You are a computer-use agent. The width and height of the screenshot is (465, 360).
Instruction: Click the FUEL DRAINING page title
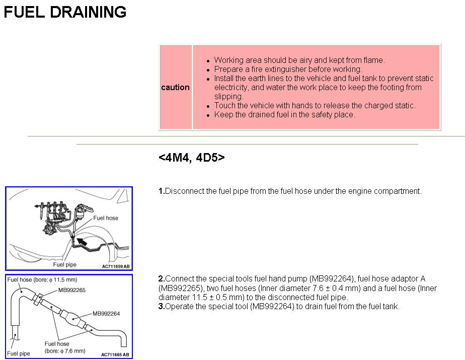tap(65, 12)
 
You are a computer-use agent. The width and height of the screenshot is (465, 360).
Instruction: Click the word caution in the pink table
tap(175, 87)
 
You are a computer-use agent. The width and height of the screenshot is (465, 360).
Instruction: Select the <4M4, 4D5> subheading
tap(191, 158)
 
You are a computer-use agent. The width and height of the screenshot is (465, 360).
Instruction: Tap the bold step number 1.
tap(161, 191)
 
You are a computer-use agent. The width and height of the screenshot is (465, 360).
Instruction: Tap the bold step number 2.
tap(161, 278)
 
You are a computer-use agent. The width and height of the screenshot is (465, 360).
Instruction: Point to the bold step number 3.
tap(161, 306)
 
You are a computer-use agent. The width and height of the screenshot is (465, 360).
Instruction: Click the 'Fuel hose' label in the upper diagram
tap(106, 218)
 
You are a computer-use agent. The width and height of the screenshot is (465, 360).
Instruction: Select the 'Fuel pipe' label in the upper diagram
tap(65, 264)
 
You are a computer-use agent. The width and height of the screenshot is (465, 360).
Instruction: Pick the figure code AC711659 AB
tap(115, 266)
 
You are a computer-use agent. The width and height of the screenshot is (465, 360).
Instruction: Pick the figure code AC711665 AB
tap(115, 354)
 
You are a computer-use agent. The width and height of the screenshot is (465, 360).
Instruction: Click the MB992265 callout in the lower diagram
tap(72, 290)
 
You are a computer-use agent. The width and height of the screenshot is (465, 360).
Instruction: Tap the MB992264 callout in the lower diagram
tap(106, 314)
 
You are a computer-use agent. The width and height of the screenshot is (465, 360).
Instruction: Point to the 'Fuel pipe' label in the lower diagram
tap(19, 353)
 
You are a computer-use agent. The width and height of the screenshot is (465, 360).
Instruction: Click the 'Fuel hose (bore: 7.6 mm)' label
tap(57, 347)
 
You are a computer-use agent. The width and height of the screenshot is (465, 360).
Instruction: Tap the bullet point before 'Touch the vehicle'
tap(208, 106)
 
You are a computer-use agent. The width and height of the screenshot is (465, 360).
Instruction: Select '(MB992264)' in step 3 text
tap(271, 306)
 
